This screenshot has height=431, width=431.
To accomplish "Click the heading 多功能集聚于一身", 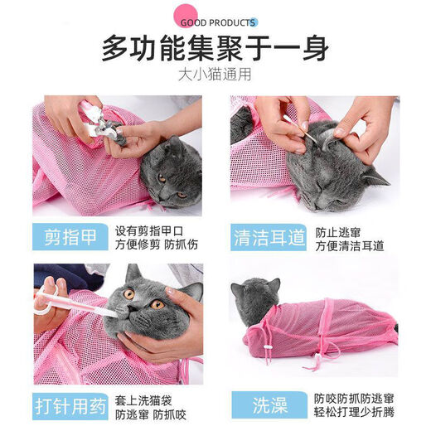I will [215, 49].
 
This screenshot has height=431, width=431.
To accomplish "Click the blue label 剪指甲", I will [70, 238].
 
